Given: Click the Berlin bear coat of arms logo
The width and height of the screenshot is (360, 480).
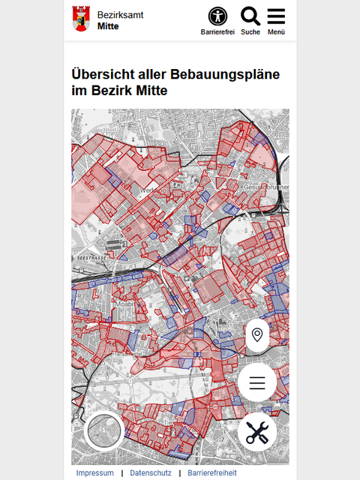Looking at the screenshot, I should [79, 19].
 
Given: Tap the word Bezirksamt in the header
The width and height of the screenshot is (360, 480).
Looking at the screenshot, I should [120, 15].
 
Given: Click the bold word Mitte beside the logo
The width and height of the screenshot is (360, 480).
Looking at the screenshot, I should [108, 26].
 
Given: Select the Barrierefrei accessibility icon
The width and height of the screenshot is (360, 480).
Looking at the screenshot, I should [217, 16].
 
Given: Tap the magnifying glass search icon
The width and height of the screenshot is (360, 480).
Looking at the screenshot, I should [250, 16].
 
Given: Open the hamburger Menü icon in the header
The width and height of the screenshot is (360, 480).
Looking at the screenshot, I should [276, 16].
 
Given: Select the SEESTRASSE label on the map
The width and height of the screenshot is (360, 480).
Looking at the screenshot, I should [91, 257].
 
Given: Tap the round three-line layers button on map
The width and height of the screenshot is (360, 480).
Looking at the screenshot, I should [257, 383].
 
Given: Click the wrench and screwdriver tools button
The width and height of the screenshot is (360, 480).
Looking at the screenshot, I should [257, 432].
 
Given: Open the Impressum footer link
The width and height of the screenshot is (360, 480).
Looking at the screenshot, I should [95, 473].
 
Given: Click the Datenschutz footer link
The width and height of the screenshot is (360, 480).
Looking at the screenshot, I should [150, 473].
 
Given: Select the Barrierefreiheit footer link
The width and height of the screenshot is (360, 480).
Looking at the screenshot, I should [211, 473].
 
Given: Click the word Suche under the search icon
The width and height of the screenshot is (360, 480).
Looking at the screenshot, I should [250, 32].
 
